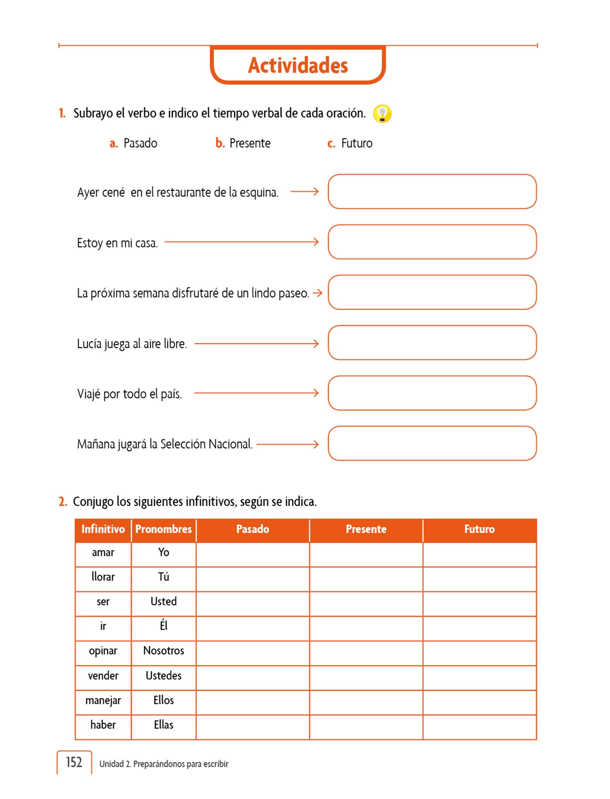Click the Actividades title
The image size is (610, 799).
point(298,65)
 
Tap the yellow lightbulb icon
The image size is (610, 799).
point(382,114)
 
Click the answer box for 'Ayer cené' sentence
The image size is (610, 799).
point(432,192)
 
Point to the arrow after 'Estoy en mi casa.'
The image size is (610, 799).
point(241,242)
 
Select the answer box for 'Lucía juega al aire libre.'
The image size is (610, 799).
point(432,343)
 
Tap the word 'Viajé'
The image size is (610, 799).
point(89,394)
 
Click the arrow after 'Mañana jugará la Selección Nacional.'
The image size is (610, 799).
point(287,444)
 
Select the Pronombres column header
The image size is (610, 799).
point(163,529)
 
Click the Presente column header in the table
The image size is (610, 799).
point(366,529)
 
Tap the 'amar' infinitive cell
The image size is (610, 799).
point(103,553)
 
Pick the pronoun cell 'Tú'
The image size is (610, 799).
point(163,577)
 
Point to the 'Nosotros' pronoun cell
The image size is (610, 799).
point(163,651)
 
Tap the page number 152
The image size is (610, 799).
point(74,762)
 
